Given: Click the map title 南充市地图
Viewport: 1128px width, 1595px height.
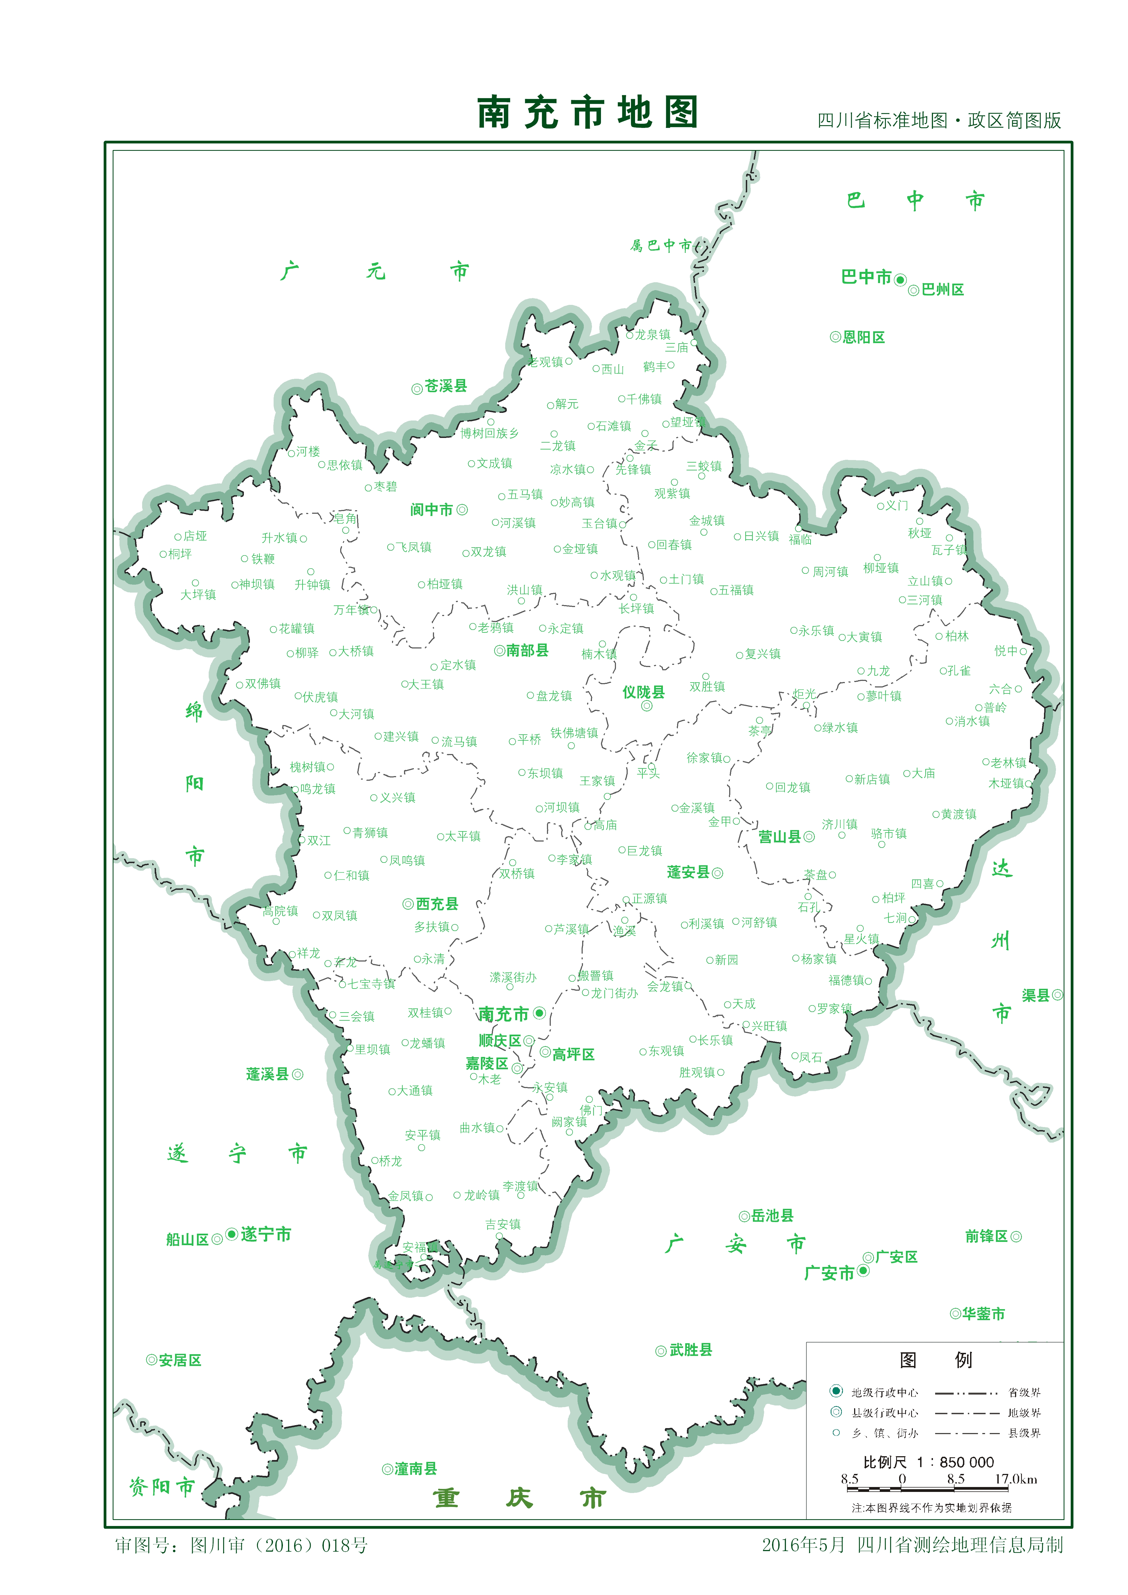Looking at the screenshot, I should click(x=587, y=113).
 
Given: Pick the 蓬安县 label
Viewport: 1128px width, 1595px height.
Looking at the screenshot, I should click(x=688, y=873).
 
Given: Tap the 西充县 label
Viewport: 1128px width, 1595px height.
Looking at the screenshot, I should click(x=437, y=904).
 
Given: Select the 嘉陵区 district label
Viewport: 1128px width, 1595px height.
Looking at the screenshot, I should click(x=486, y=1064).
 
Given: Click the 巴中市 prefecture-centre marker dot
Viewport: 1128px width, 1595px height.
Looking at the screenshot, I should click(x=900, y=280).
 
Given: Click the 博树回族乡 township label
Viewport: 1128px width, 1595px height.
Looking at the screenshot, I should click(x=489, y=434).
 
